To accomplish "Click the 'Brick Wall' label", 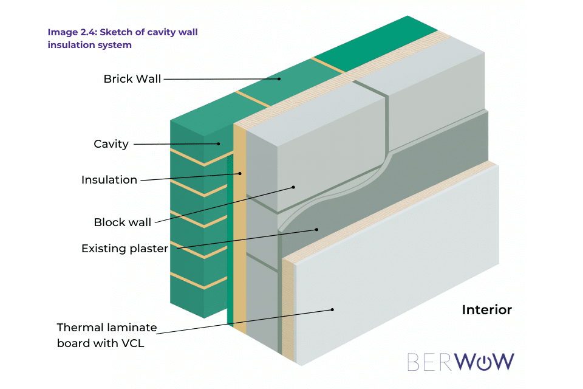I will click(x=132, y=79).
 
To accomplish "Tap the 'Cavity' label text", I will click(x=111, y=144).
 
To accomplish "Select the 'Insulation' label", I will click(x=109, y=180).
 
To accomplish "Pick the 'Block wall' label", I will click(x=122, y=222).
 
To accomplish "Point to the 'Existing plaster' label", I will click(x=124, y=249).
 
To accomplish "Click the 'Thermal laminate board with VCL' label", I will click(x=107, y=335).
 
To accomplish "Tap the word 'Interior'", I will click(x=486, y=310).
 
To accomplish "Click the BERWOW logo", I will click(x=460, y=362).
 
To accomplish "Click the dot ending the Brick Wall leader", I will click(x=280, y=78).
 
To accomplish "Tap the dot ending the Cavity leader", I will click(x=219, y=144).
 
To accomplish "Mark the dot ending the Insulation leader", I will click(x=240, y=173).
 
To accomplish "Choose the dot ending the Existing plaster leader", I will click(x=316, y=230).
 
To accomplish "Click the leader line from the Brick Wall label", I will click(x=219, y=78).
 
